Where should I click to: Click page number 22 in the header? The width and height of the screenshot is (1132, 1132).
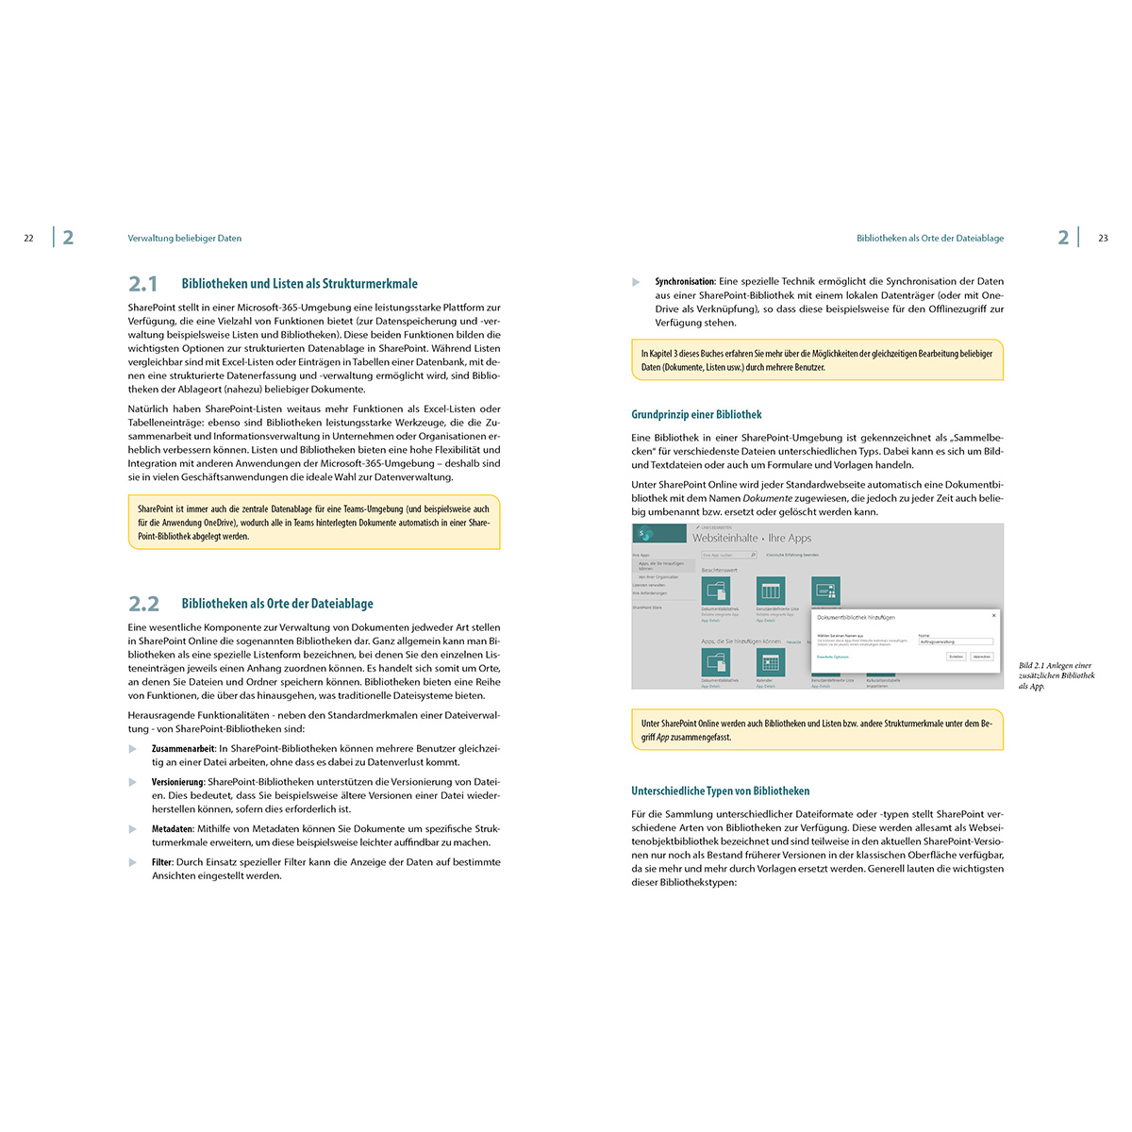pos(28,239)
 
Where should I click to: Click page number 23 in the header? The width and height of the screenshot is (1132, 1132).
pos(1104,239)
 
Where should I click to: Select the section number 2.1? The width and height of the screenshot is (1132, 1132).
pos(143,284)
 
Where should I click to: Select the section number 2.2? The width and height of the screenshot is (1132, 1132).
pos(143,604)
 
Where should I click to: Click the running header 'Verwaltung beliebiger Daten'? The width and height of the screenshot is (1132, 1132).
pos(185,239)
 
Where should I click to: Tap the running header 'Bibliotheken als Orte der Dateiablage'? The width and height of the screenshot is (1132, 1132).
pos(930,239)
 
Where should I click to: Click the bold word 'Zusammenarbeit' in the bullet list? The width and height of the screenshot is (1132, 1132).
pos(183,749)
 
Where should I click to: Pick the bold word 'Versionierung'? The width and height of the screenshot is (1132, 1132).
pos(177,782)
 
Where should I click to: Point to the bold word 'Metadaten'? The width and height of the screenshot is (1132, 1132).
pos(173,829)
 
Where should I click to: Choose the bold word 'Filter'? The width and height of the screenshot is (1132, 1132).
pos(162,862)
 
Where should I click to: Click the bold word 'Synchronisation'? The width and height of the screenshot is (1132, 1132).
pos(685,282)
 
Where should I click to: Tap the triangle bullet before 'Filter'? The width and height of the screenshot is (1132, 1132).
pos(133,862)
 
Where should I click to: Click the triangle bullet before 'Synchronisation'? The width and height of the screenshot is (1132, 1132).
pos(637,282)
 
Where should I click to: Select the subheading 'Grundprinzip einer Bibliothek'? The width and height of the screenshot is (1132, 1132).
pos(696,414)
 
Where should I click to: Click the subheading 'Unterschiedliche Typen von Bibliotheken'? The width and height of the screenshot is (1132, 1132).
pos(720,791)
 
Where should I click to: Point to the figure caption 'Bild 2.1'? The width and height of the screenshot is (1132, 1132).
pos(1033,666)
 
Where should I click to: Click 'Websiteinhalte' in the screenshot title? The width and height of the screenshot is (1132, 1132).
pos(724,538)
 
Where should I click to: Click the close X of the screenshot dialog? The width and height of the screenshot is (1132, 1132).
pos(993,616)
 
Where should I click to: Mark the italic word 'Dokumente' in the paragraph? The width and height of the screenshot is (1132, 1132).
pos(767,498)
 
